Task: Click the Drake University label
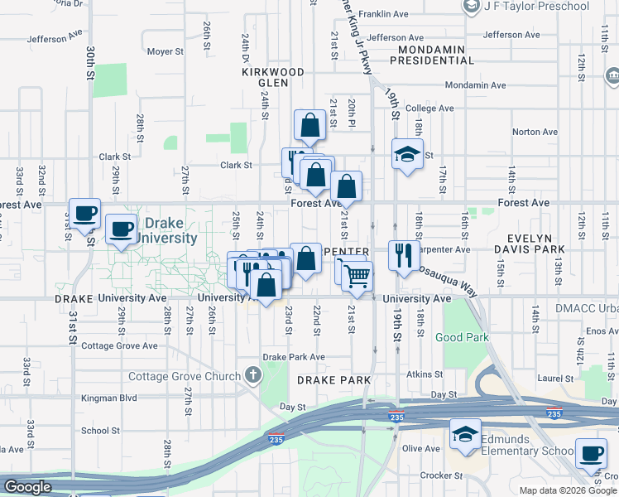click(171, 231)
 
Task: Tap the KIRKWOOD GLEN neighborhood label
click(266, 78)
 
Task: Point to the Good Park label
click(462, 337)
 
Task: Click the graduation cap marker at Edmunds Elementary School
click(465, 433)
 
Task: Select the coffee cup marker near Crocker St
click(590, 452)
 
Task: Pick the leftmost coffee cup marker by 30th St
click(84, 213)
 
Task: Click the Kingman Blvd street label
click(108, 398)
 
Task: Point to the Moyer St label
click(165, 51)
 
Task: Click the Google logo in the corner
click(27, 487)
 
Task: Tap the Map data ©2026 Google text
click(567, 490)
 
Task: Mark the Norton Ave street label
click(535, 132)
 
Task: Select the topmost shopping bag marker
click(309, 126)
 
